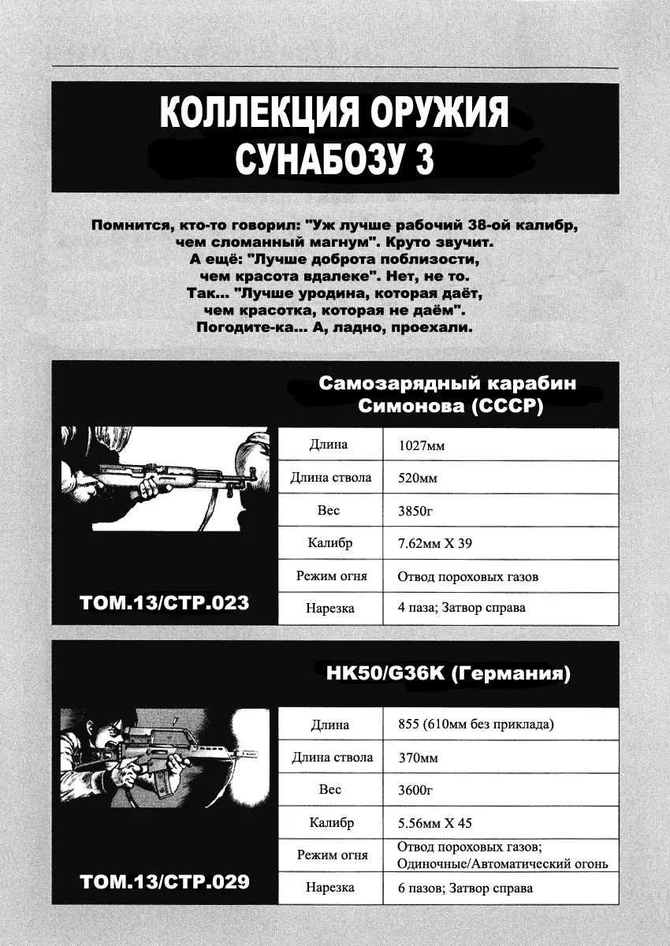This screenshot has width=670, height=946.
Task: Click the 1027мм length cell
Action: coord(422,445)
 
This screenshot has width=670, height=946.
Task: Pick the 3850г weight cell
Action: coord(416,511)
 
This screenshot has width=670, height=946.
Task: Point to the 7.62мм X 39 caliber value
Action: coord(435,544)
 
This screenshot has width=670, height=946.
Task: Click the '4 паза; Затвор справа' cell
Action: coord(462,608)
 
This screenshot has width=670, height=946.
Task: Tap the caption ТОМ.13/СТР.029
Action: coord(165,881)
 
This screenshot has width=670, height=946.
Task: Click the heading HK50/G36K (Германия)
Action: coord(448,675)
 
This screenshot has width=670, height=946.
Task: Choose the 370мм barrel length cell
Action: coord(418,758)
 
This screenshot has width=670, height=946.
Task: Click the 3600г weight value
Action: coord(416,790)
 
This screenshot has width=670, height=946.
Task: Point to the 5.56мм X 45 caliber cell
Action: coord(435,823)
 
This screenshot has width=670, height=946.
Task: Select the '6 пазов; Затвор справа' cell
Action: coord(466,888)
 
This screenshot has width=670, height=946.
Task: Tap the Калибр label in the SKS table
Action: coord(330,543)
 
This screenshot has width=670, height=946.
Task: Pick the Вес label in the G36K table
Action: coord(330,789)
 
